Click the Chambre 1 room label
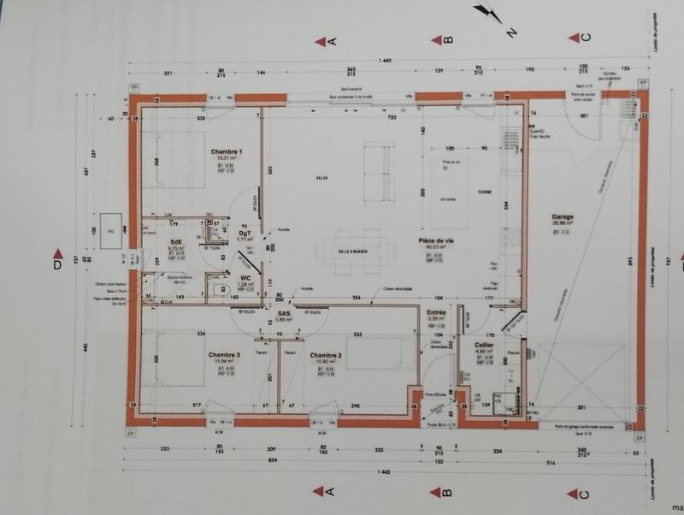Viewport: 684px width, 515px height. (x=226, y=151)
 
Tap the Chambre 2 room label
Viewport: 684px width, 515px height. (x=326, y=355)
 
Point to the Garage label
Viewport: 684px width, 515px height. (x=562, y=217)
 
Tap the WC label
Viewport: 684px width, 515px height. (x=245, y=278)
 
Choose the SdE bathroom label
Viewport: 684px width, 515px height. (x=177, y=242)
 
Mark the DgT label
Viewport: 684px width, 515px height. (x=245, y=233)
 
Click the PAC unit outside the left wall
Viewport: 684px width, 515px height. (x=110, y=228)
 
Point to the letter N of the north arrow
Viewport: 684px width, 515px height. (x=511, y=33)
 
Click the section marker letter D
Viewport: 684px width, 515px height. (x=58, y=265)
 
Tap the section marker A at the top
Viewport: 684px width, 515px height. (x=333, y=40)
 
